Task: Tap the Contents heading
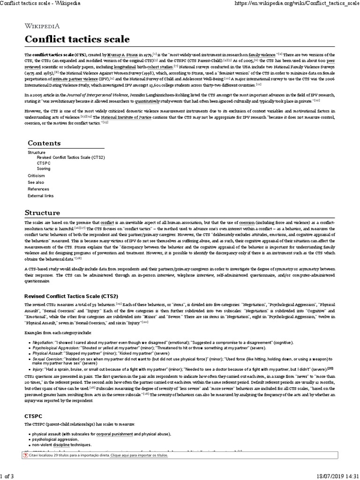tap(44, 142)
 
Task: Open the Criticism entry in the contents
tap(36, 175)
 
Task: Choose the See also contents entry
tap(36, 182)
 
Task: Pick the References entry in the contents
tap(38, 188)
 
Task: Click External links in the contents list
tap(40, 195)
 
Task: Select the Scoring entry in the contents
tap(44, 168)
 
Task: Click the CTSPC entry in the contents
tap(43, 163)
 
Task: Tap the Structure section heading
tap(44, 212)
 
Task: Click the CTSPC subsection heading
tap(33, 415)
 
